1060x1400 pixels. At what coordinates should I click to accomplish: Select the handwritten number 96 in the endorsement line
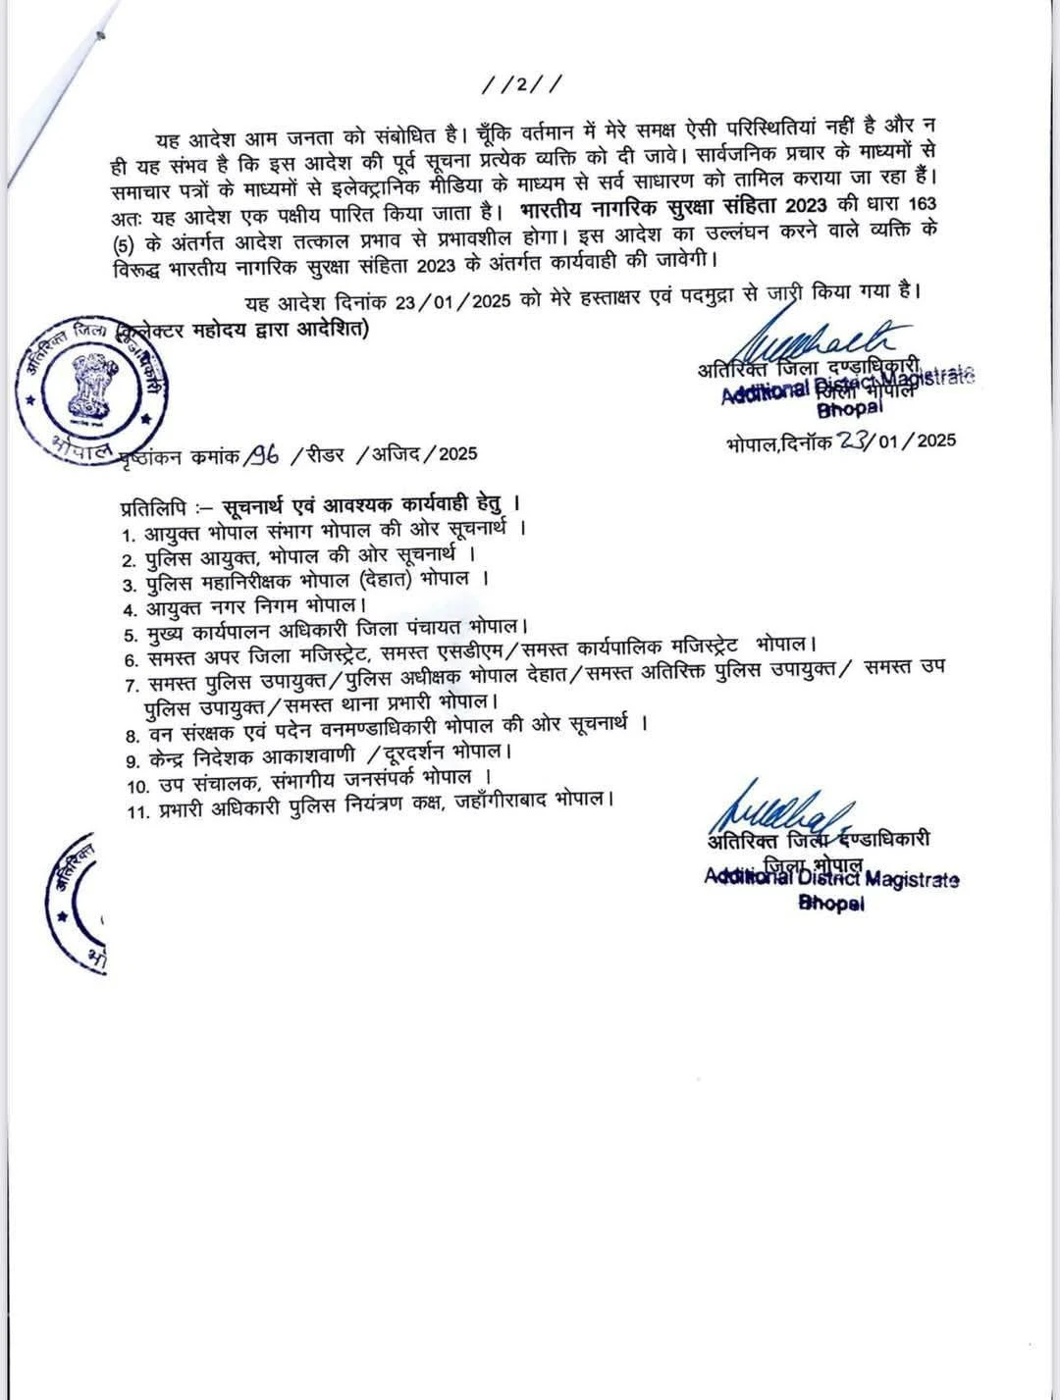pos(263,452)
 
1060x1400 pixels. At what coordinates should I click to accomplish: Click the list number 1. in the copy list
pos(128,534)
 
